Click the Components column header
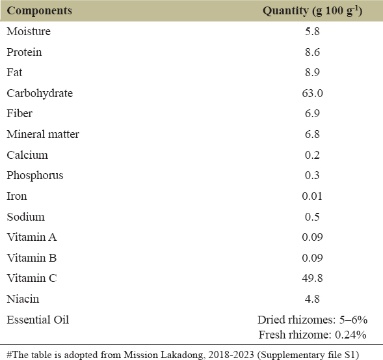tap(39, 11)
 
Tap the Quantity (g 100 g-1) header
tap(312, 11)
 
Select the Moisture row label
tap(29, 31)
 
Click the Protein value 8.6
tap(312, 52)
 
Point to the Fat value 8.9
tap(312, 72)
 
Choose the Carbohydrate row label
tap(40, 94)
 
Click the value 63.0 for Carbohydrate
tap(312, 93)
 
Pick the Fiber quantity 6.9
tap(312, 113)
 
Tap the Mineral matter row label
tap(43, 134)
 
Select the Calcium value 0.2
tap(312, 155)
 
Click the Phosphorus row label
tap(35, 176)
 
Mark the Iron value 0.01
tap(312, 196)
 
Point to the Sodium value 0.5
tap(312, 217)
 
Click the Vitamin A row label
tap(32, 237)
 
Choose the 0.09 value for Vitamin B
tap(312, 258)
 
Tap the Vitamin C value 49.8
tap(312, 278)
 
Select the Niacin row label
tap(23, 299)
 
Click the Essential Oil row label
tap(38, 320)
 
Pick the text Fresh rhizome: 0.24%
tap(312, 335)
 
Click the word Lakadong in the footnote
tap(181, 355)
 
